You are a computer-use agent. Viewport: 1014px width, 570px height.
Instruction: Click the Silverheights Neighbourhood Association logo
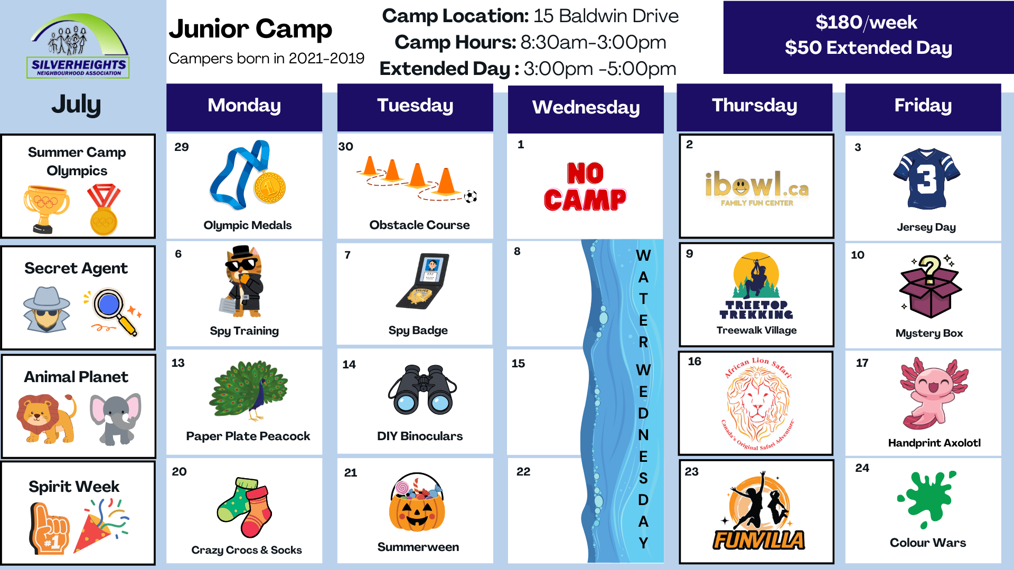78,46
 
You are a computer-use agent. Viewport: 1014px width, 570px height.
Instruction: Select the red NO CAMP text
585,187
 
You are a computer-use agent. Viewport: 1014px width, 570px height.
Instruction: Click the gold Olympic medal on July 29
270,187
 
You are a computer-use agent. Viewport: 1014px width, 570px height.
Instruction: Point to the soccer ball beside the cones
470,197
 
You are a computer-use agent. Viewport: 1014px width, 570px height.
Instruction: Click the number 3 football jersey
926,179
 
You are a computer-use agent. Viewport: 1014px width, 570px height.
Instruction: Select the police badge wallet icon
422,281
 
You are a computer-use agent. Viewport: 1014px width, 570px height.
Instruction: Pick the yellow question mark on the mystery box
930,269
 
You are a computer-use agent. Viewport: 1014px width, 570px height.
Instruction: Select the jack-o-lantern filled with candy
417,502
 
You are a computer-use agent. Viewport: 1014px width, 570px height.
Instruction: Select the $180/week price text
866,22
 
